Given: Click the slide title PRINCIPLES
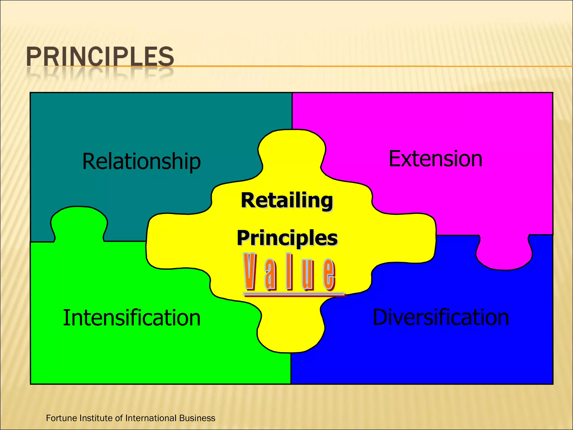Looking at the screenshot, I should click(100, 57).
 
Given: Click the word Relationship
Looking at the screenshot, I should click(141, 161).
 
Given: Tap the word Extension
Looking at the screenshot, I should click(435, 159).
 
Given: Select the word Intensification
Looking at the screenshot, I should click(132, 318).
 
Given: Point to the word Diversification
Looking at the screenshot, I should click(441, 317).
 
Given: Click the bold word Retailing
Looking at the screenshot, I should click(287, 200).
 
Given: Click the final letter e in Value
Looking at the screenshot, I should click(329, 274).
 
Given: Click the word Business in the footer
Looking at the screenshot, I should click(197, 418).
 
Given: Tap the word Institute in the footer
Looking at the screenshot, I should click(96, 418).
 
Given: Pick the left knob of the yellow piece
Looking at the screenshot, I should click(171, 241).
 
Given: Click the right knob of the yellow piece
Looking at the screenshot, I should click(411, 238).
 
